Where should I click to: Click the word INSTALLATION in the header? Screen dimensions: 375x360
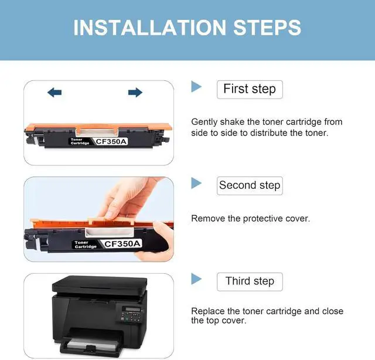[x=150, y=28]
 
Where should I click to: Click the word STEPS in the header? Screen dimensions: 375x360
[x=267, y=28]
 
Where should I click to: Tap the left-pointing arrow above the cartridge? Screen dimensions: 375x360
[x=54, y=93]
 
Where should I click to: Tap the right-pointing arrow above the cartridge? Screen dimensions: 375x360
[x=135, y=93]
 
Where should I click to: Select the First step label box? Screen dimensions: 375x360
[x=250, y=90]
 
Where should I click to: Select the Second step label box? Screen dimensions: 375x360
[x=250, y=186]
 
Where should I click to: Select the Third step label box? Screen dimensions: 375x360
[x=250, y=282]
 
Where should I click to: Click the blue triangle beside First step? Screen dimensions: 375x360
[x=196, y=87]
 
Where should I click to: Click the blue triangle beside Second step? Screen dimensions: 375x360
[x=196, y=183]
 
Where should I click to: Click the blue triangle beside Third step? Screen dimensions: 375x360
[x=196, y=279]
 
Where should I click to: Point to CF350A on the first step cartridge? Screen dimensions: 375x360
[x=111, y=141]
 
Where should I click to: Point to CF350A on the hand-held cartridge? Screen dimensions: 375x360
[x=122, y=244]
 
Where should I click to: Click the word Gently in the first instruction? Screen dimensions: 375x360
[x=204, y=122]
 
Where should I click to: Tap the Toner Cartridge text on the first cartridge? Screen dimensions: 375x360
[x=80, y=141]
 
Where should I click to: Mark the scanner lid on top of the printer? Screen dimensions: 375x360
[x=100, y=284]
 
